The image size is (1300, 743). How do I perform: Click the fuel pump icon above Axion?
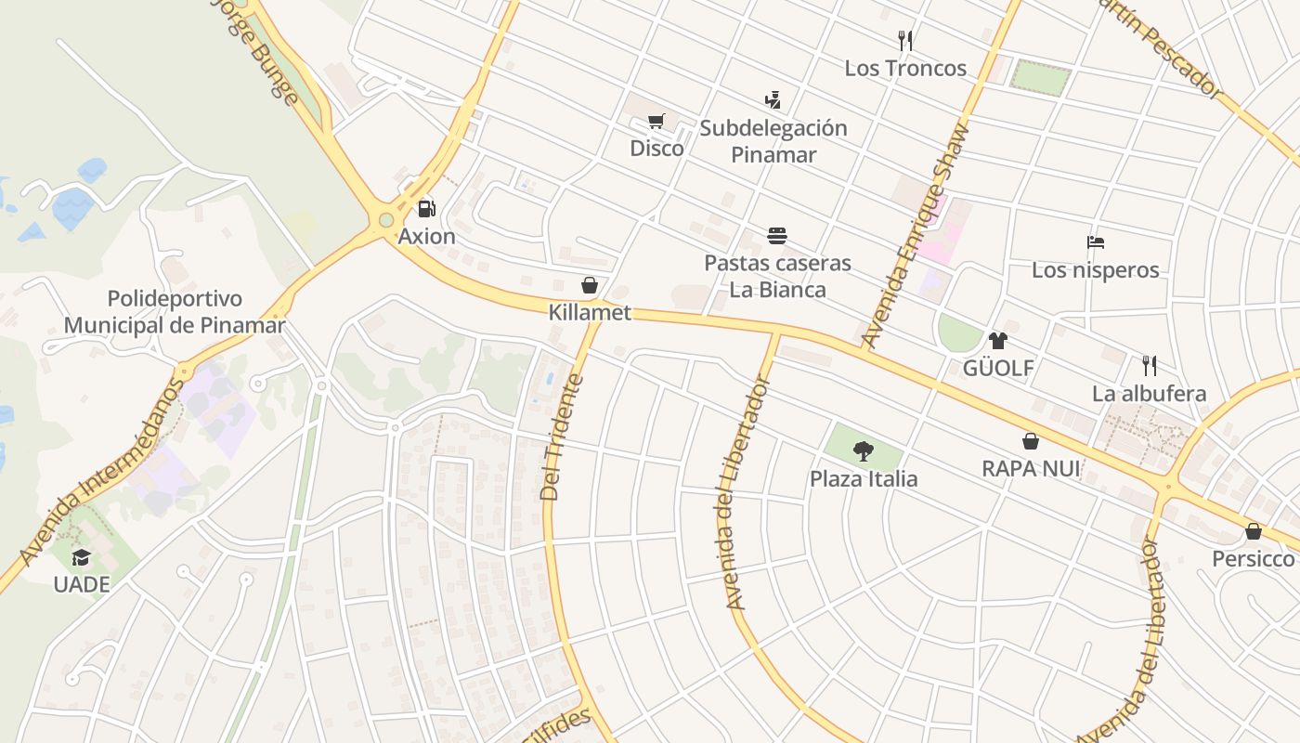tap(426, 209)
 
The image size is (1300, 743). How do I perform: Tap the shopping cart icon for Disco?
tap(656, 121)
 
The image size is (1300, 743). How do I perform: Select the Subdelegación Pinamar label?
tap(773, 141)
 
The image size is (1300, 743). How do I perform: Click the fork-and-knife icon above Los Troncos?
tap(905, 40)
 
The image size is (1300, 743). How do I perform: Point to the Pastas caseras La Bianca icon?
tap(777, 236)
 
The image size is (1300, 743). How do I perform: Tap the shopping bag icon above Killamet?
tap(589, 284)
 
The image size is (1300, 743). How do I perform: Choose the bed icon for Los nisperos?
tap(1096, 242)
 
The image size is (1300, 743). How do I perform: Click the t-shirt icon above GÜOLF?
tap(997, 341)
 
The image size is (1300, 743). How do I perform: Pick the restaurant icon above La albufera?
tap(1150, 365)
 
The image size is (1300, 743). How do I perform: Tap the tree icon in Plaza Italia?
tap(864, 451)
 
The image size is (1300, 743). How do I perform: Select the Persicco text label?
tap(1253, 558)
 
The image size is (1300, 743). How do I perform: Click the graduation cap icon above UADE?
tap(82, 557)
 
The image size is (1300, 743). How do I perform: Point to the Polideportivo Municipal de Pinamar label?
tap(175, 312)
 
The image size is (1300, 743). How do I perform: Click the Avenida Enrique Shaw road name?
tap(916, 236)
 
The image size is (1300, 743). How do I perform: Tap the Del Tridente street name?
tap(563, 437)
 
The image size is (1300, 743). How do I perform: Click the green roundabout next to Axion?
tap(385, 220)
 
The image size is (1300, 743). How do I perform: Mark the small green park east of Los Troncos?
tap(1040, 77)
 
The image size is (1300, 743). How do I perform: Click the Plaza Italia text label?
tap(864, 479)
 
